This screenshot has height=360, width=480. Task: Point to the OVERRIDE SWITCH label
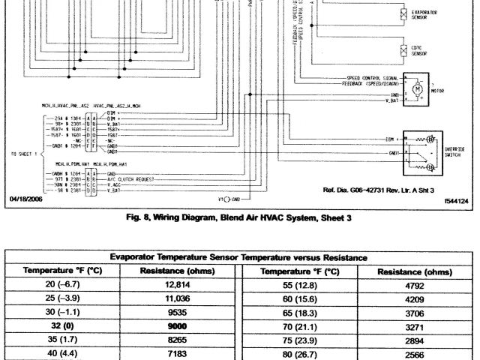[455, 152]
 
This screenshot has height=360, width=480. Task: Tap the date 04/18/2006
[25, 199]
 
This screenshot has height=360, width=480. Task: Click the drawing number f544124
[454, 201]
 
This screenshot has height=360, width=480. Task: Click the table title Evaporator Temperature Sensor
[240, 257]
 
